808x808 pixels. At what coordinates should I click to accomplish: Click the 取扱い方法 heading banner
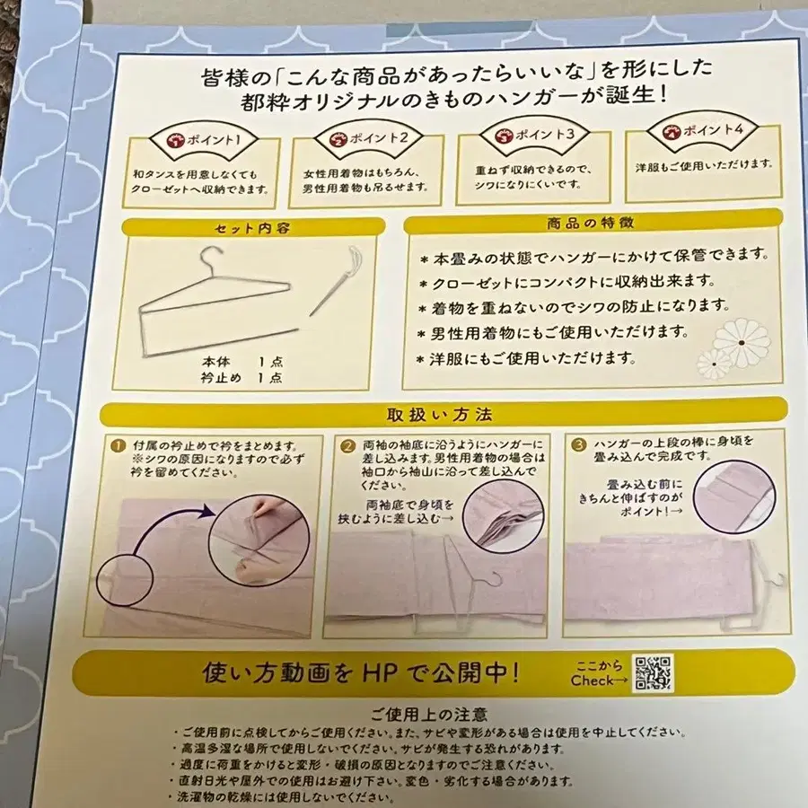[439, 415]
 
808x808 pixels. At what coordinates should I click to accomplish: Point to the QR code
[653, 672]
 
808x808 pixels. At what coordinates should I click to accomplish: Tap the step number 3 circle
[580, 442]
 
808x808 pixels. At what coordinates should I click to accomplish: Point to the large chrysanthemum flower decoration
[742, 343]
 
